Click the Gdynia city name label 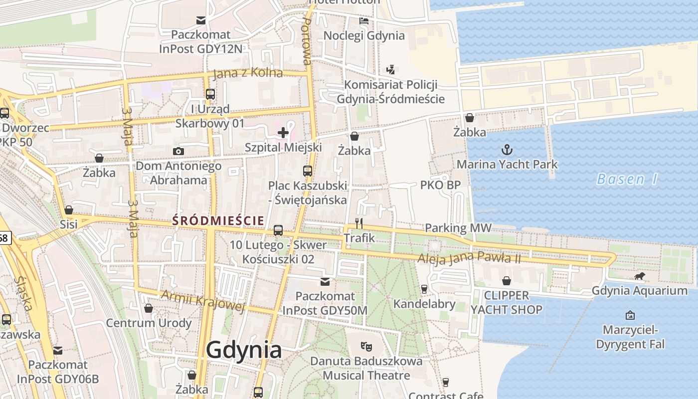(x=244, y=350)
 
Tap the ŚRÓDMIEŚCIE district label (x=218, y=220)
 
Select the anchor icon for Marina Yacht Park (x=507, y=150)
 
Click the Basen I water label (x=627, y=179)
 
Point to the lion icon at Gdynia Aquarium (x=639, y=277)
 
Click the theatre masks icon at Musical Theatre (x=366, y=346)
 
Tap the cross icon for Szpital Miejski (x=283, y=133)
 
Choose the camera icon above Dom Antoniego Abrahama (x=178, y=151)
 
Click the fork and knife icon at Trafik (x=359, y=223)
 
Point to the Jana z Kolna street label (x=247, y=73)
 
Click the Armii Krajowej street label (x=203, y=301)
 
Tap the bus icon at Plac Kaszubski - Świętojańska (x=308, y=171)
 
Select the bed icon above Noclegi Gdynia (x=364, y=21)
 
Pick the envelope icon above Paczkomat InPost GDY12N (x=201, y=20)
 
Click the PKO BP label (x=440, y=185)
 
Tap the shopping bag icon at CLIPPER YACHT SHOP (x=507, y=281)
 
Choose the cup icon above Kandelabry (x=424, y=289)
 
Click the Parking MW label (x=458, y=228)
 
